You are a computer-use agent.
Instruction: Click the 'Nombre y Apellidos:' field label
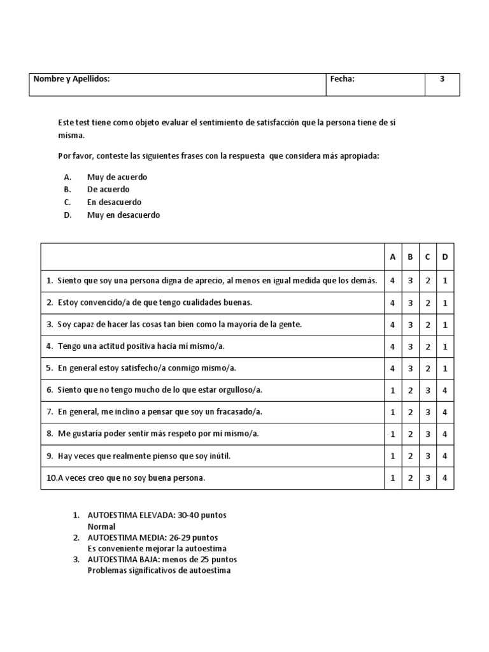coord(72,79)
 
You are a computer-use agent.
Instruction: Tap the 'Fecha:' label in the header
coord(342,79)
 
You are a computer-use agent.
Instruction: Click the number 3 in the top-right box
coord(442,79)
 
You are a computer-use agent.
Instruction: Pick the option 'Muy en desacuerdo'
coord(124,215)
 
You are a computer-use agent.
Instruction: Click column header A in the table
coord(393,257)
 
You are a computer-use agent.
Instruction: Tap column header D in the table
coord(445,257)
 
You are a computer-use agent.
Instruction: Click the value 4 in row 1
coord(393,280)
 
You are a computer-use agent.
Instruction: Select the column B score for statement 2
coord(410,302)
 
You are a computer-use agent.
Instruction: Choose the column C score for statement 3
coord(428,325)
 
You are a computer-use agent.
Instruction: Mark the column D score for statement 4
coord(445,346)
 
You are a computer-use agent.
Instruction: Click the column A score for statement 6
coord(393,390)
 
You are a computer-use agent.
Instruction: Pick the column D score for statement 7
coord(445,412)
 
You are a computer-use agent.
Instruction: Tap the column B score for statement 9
coord(410,456)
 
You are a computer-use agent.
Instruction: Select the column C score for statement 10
coord(428,478)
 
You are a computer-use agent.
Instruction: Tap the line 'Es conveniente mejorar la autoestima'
coord(157,548)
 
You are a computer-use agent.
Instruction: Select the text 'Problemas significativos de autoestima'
coord(159,570)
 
